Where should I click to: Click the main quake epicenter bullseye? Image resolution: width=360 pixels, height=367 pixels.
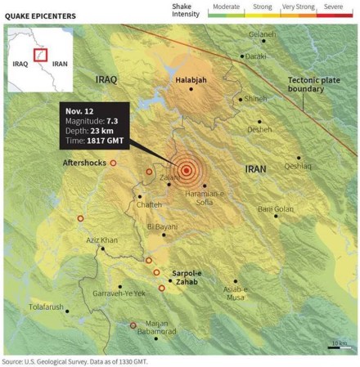187,170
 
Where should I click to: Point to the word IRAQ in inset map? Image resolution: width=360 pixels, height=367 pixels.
21,62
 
